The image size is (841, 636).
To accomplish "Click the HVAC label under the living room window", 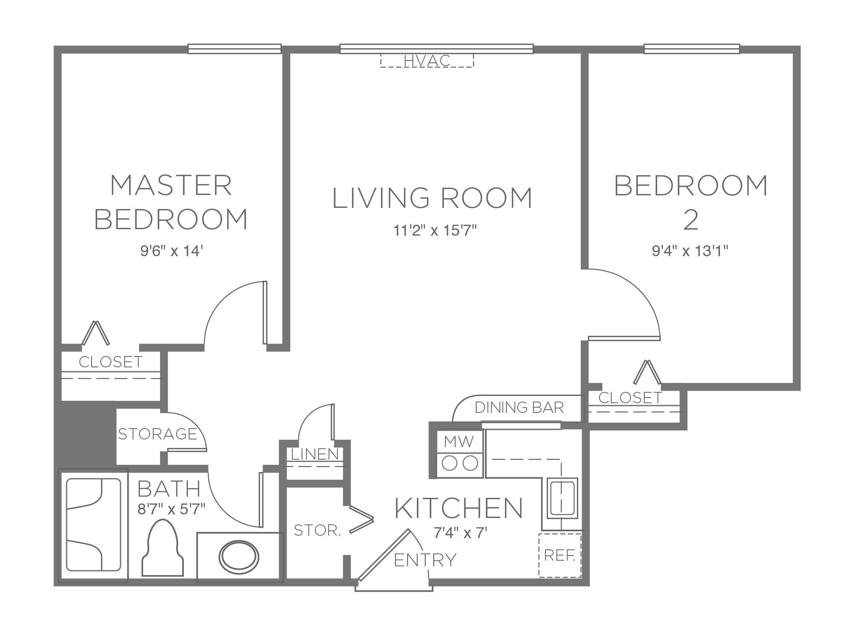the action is [x=427, y=61].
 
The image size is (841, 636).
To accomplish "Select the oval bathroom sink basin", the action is [x=239, y=557].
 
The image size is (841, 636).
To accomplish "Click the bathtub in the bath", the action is [x=93, y=525].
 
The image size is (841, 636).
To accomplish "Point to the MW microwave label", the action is [x=459, y=441].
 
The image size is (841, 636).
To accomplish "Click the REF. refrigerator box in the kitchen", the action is [x=560, y=555].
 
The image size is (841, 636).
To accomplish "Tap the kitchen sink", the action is [x=562, y=498].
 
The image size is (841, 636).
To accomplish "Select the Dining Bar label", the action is [x=519, y=408].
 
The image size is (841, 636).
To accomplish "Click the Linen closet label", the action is [x=315, y=454].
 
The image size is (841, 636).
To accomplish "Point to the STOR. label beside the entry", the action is [x=318, y=530].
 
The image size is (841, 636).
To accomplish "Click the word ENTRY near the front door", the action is [x=425, y=560].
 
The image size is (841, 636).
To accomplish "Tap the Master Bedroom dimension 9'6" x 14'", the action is [x=171, y=251].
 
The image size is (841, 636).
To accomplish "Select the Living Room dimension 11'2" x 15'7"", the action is [x=435, y=231].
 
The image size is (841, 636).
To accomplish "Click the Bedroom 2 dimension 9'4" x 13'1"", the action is [x=690, y=251].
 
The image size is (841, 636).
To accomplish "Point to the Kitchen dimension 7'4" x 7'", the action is [x=460, y=533].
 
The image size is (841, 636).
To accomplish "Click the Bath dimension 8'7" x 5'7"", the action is [x=171, y=509].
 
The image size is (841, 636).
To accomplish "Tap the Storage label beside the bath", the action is [x=157, y=434].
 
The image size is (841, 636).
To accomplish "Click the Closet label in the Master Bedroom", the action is [x=110, y=362].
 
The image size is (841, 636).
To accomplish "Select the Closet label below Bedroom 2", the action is [x=630, y=398].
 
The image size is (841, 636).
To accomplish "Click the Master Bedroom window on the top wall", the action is [x=235, y=49].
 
